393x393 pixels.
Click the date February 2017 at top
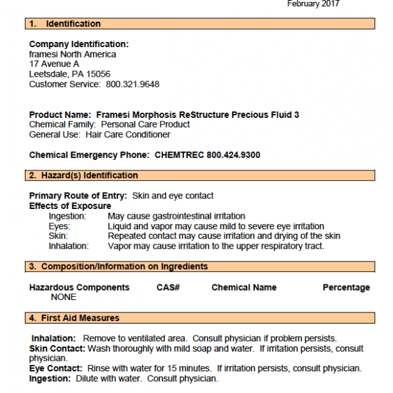pos(313,4)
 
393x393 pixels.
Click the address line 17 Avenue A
pos(54,64)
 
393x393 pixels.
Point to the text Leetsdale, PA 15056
pos(69,74)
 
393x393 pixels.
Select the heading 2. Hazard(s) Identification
pos(84,176)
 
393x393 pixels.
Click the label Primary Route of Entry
pos(79,196)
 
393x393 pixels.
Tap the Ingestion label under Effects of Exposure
pos(67,216)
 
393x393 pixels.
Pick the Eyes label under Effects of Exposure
pos(60,226)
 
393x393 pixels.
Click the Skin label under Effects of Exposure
pos(58,236)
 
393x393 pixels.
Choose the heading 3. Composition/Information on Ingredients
pos(119,267)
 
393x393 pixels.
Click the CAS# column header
pos(168,288)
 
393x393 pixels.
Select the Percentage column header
pos(346,288)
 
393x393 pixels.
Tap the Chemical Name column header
pos(244,288)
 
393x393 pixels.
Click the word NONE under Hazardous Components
pos(64,297)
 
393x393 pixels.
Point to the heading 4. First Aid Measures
pos(74,318)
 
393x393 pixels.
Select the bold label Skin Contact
pos(57,349)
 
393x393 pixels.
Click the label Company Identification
pos(79,45)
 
